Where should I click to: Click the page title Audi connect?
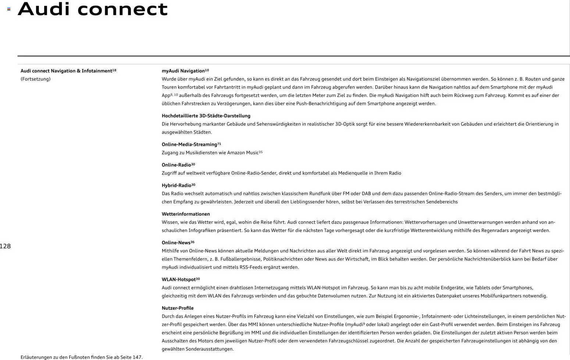(x=93, y=10)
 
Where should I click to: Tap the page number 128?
(x=5, y=246)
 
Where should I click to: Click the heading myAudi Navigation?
(x=183, y=71)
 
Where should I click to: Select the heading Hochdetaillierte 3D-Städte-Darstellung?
(x=206, y=116)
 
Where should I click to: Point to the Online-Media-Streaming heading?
(x=189, y=145)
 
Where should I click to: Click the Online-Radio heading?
(x=176, y=165)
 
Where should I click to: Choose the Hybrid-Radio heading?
(x=177, y=185)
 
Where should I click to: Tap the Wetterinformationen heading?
(x=186, y=214)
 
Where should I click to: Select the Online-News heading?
(x=176, y=243)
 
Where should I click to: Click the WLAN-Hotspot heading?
(x=178, y=279)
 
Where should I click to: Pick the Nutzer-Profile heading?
(x=178, y=308)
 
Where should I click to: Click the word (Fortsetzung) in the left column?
(x=35, y=79)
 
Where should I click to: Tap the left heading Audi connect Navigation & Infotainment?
(x=66, y=71)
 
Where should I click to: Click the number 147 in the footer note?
(x=137, y=357)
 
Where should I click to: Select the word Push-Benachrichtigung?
(x=321, y=104)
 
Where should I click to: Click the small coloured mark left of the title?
(x=9, y=9)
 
